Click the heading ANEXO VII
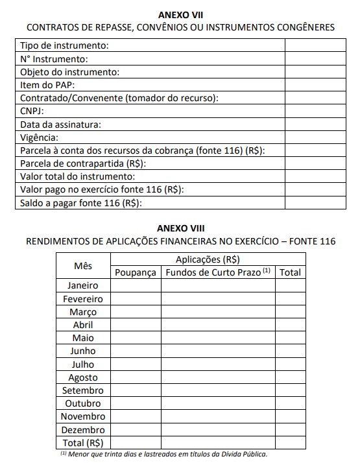coord(180,14)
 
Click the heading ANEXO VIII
coord(180,228)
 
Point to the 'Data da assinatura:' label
coord(61,125)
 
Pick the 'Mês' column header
coord(83,266)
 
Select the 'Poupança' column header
coord(136,272)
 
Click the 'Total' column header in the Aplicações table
coord(290,272)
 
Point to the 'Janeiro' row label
coord(83,286)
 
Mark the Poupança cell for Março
coord(136,312)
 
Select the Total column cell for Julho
coord(290,364)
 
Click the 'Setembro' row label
coord(83,390)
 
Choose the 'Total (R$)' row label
coord(83,443)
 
